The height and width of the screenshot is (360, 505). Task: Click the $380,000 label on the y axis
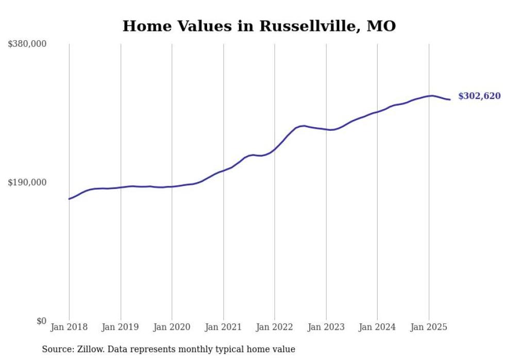(27, 44)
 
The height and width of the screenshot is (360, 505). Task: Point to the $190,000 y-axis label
(27, 182)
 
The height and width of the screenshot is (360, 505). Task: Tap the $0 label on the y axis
(41, 321)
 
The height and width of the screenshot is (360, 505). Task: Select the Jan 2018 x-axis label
(69, 327)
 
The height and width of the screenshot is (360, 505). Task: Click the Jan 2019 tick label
(121, 327)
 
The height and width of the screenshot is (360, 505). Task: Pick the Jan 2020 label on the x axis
(172, 327)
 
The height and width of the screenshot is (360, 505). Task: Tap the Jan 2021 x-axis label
(223, 327)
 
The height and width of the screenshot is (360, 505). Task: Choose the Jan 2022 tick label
(275, 327)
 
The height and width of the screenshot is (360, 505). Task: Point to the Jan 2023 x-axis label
(326, 327)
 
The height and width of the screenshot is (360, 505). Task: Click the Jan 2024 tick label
(377, 327)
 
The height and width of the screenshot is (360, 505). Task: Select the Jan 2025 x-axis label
(428, 327)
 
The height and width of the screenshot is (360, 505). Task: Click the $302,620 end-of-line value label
(479, 96)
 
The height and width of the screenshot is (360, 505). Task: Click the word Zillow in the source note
(91, 349)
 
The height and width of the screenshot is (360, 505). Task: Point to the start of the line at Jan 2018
(69, 199)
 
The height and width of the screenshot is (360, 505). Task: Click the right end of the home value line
(450, 99)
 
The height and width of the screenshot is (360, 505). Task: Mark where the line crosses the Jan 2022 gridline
(275, 150)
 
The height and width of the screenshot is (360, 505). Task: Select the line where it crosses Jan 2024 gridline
(377, 112)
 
